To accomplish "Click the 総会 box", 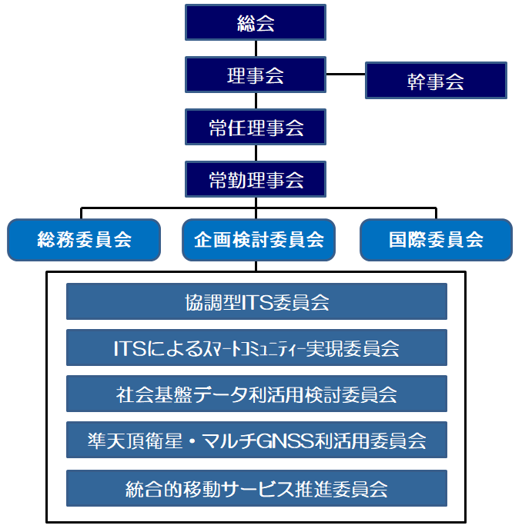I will [256, 22].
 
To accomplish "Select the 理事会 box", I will [256, 75].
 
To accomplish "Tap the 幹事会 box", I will [436, 81].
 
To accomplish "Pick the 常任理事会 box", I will [256, 127].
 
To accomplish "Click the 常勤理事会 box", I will [256, 179].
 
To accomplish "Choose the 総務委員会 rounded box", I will [84, 240].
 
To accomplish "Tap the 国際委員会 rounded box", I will [436, 240].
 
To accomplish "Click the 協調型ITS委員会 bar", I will [256, 301].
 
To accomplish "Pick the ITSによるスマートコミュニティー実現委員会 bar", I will [256, 347].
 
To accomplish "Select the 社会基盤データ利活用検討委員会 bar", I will [256, 394].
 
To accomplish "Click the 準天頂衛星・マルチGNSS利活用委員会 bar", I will [256, 441].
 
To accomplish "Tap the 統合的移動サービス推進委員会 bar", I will [256, 488].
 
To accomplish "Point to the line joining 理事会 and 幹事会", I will [346, 75].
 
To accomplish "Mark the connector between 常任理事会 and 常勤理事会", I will [256, 153].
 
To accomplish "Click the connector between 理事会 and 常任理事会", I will [256, 101].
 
